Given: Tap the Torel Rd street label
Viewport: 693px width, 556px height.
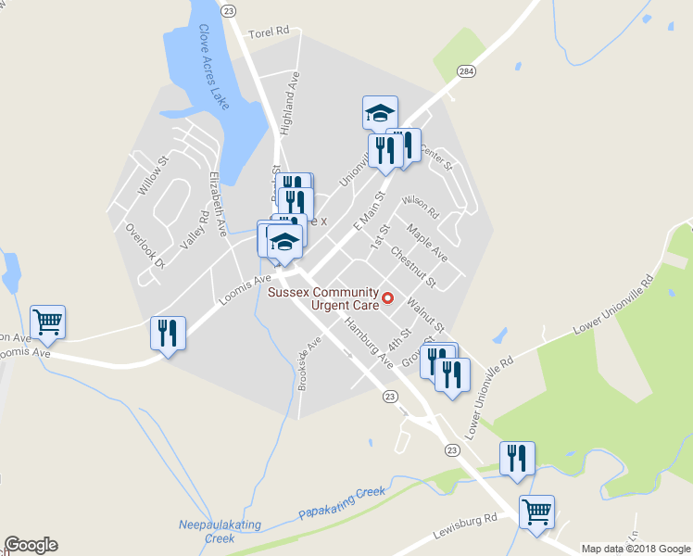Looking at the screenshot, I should (269, 32).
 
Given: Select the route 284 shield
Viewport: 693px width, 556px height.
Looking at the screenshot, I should (466, 70).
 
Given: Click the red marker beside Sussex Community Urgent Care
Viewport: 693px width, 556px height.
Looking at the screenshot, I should (389, 298).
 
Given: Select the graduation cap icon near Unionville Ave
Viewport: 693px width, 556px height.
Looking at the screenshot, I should (380, 112).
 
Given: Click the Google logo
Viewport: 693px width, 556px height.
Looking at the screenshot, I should (31, 545).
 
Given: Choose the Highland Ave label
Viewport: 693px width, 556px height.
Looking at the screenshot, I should (290, 104).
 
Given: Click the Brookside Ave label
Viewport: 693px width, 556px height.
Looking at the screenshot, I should (309, 364).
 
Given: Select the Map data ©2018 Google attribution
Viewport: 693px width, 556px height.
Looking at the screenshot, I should (636, 548).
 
